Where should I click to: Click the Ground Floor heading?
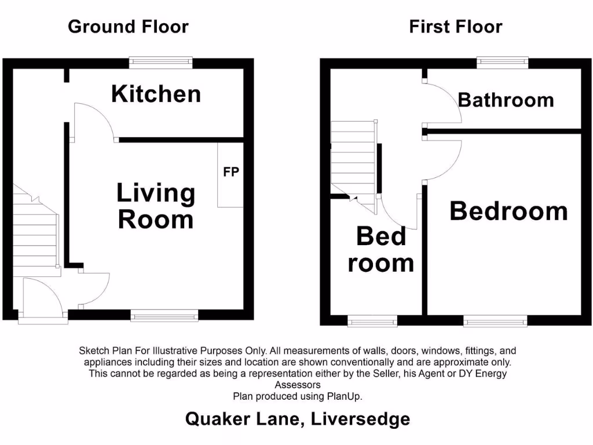coord(128,27)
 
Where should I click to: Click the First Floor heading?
coord(455,27)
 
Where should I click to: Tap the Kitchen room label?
coord(156,94)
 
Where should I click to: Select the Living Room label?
coord(156,206)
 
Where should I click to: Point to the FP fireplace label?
coord(230,172)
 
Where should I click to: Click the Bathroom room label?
coord(506,100)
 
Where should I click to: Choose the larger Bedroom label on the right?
coord(508,211)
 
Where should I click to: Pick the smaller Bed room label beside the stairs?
coord(380,250)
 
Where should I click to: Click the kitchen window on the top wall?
coord(160,62)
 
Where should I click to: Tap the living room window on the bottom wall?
coord(164,315)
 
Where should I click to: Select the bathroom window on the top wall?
coord(503,62)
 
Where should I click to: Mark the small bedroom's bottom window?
coord(372,320)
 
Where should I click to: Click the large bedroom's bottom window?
coord(495,320)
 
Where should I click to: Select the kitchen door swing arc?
coord(93,122)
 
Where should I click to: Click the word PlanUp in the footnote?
coord(345,397)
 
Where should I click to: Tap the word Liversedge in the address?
coord(360,419)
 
